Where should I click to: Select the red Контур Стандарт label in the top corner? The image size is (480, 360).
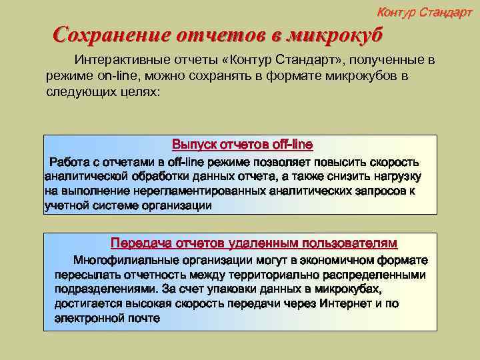coord(425,13)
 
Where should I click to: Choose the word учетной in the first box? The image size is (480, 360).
coord(65,205)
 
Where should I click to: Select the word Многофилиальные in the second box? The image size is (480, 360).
coord(127,260)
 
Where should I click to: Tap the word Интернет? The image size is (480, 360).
coord(345,304)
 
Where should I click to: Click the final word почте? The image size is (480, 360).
coord(142,319)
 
